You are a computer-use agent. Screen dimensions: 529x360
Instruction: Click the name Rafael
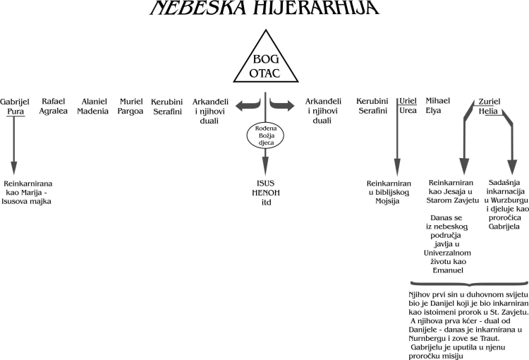(x=54, y=102)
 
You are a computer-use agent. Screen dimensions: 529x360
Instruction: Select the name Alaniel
(x=94, y=102)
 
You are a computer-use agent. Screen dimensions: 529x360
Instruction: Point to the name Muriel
(x=131, y=102)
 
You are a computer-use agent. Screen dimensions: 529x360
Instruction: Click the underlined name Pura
(x=16, y=112)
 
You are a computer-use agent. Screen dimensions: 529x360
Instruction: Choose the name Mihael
(x=437, y=101)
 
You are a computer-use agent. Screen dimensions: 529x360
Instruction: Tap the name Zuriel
(x=490, y=102)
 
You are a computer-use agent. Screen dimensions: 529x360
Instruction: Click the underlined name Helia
(x=488, y=111)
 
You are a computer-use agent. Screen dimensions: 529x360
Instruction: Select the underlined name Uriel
(x=408, y=101)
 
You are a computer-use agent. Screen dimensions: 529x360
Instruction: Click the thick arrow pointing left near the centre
(x=248, y=105)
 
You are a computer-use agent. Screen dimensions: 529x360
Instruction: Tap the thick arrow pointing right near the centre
(x=282, y=105)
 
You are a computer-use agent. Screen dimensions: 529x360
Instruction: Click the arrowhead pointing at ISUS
(x=265, y=166)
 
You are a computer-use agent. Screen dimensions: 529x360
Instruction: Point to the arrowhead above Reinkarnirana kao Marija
(x=14, y=168)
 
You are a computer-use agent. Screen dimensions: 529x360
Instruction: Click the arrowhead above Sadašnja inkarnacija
(x=513, y=166)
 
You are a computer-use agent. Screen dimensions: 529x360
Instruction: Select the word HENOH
(x=266, y=193)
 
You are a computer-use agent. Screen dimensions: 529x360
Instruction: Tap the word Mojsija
(x=387, y=201)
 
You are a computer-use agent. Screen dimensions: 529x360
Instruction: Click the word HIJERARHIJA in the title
(x=316, y=8)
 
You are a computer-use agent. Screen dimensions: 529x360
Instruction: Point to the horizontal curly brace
(x=469, y=283)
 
